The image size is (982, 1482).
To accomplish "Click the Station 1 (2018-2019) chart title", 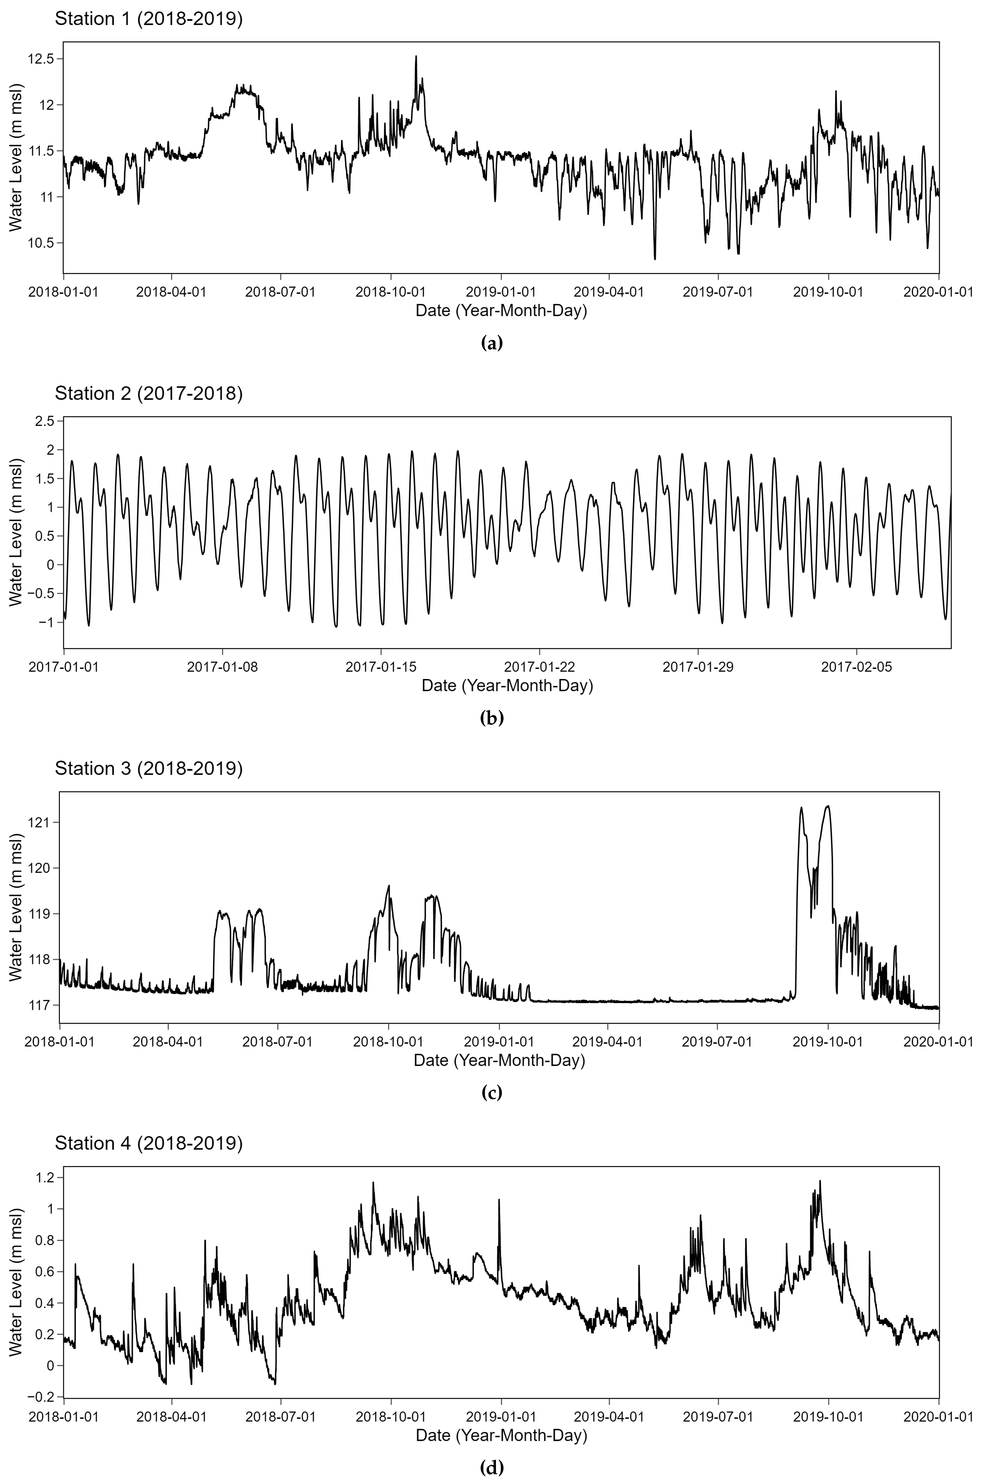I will pyautogui.click(x=148, y=19).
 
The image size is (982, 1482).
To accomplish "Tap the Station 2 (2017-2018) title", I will pyautogui.click(x=148, y=393).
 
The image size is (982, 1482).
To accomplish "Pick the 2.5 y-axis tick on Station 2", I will pyautogui.click(x=45, y=420).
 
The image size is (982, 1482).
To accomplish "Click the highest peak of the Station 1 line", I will pyautogui.click(x=416, y=56).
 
